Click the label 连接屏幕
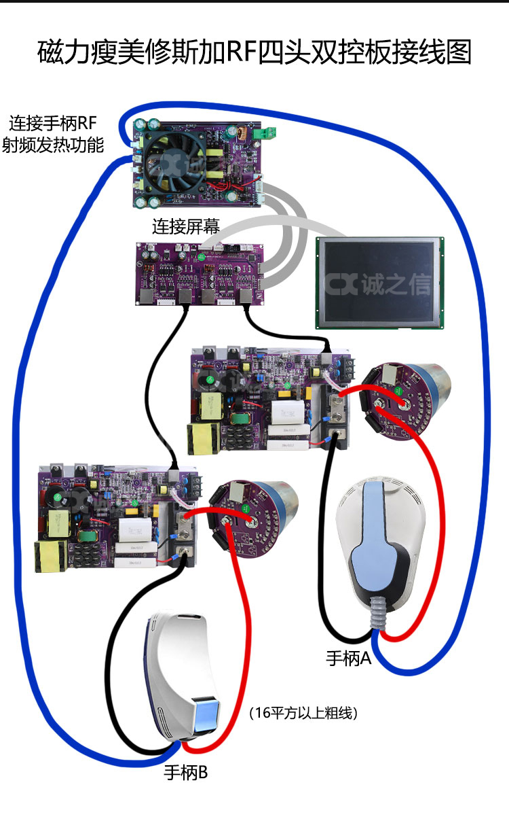coord(185,227)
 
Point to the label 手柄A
coord(349,658)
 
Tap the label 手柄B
coord(185,773)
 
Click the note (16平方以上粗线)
coord(303,713)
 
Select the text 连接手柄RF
coord(53,124)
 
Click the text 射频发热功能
coord(53,145)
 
